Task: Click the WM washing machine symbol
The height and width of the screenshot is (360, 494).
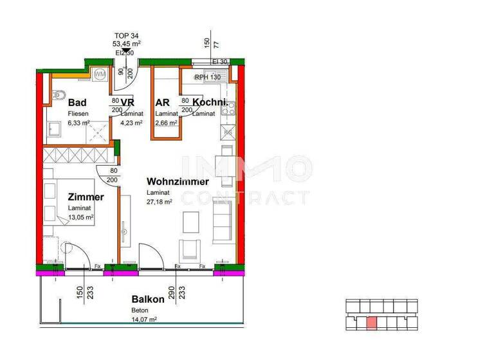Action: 100,74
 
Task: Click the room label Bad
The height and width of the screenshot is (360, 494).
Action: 77,102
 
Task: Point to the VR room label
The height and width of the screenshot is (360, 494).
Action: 127,102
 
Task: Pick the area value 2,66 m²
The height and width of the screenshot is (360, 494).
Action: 167,123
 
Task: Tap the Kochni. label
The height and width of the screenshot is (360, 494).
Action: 210,102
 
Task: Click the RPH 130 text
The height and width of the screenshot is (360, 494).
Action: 208,78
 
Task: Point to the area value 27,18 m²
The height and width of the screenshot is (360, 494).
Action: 160,202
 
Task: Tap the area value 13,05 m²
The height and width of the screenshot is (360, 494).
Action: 81,217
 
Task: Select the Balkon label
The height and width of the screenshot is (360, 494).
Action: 149,299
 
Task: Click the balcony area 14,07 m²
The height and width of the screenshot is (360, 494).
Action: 144,318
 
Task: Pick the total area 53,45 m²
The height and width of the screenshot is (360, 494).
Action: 127,44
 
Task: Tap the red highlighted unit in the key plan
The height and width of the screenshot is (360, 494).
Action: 371,323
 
